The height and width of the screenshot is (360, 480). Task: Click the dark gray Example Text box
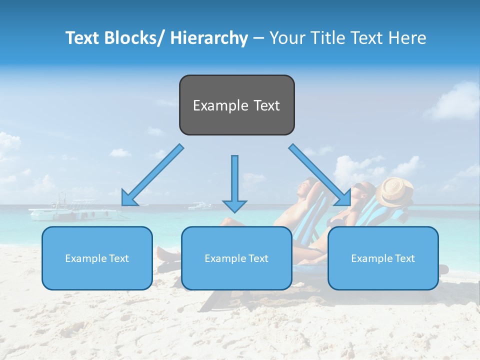pos(236,105)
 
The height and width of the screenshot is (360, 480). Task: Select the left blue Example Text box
pos(97,258)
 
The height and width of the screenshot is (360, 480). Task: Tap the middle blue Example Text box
pos(236,258)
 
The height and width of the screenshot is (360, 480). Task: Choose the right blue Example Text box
pos(383,258)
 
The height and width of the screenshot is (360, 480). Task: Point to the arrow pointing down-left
pos(152,175)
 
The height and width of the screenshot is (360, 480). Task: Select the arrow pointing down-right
pos(320,175)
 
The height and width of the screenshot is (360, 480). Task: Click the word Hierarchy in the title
pos(209,38)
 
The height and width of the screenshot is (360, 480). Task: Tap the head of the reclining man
pos(303,190)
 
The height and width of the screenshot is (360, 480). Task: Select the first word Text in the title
pos(82,38)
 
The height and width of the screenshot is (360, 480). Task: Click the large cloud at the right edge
pos(455,102)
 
